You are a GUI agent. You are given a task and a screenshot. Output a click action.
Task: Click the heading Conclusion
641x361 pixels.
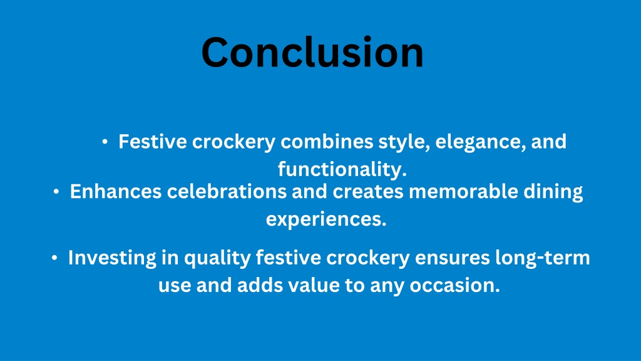pyautogui.click(x=313, y=53)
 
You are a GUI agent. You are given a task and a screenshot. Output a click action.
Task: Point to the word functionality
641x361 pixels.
pyautogui.click(x=342, y=169)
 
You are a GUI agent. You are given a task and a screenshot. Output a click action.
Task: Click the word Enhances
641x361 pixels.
pyautogui.click(x=116, y=192)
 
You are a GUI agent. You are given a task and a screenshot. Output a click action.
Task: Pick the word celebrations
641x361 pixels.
pyautogui.click(x=227, y=192)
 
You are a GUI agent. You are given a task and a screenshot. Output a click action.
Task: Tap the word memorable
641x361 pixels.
pyautogui.click(x=464, y=192)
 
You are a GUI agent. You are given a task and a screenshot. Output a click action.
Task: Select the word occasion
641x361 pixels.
pyautogui.click(x=455, y=285)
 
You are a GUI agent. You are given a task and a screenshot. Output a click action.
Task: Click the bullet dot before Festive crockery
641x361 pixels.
pyautogui.click(x=105, y=142)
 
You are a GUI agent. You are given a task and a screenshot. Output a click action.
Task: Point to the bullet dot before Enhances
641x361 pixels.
pyautogui.click(x=56, y=192)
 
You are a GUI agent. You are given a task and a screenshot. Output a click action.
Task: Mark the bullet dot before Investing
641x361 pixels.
pyautogui.click(x=54, y=258)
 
